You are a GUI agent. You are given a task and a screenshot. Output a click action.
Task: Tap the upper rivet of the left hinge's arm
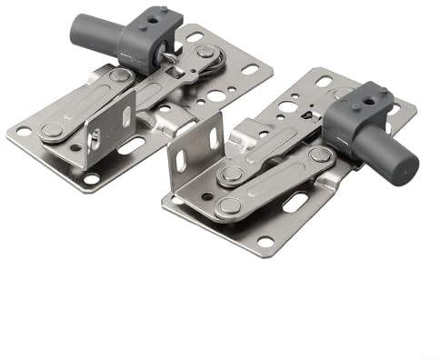tap(120, 75)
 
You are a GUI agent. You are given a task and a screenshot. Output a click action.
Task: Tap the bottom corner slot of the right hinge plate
tap(265, 242)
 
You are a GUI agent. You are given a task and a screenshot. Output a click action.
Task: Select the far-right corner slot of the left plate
tap(250, 69)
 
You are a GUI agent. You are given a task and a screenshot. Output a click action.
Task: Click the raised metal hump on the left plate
tap(173, 118)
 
